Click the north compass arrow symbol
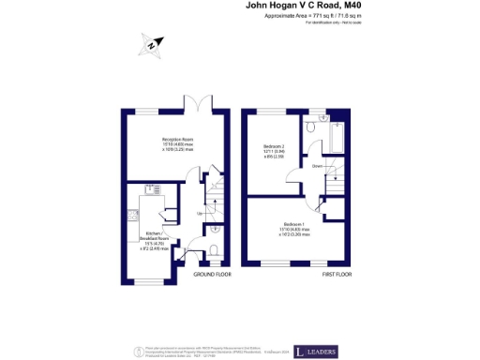click(x=153, y=44)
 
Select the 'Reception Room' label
click(x=177, y=141)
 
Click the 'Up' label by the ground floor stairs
click(x=200, y=214)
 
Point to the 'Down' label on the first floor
click(x=317, y=166)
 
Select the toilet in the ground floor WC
click(x=214, y=249)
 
